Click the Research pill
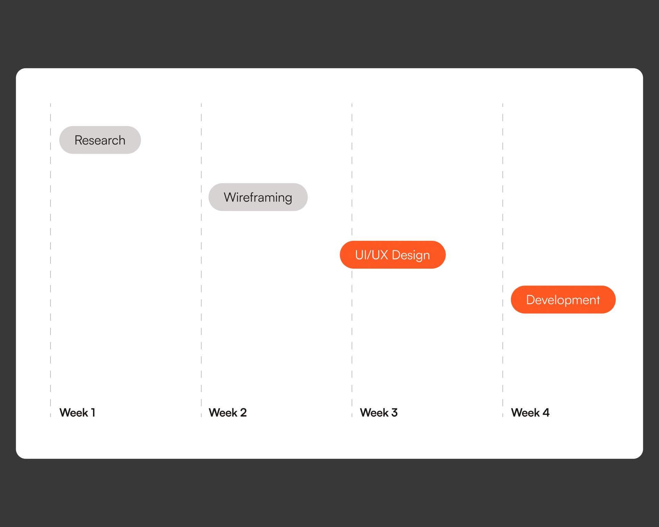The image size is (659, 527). [x=100, y=140]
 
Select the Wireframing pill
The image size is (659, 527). [x=258, y=197]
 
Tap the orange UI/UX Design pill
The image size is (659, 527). [x=393, y=255]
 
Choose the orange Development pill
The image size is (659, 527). [x=563, y=300]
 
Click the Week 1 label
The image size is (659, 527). [x=77, y=412]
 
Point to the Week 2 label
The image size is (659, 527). [x=228, y=412]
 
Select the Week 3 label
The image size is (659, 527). [x=379, y=412]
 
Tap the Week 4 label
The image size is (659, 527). [x=530, y=412]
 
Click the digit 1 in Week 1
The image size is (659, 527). [x=93, y=412]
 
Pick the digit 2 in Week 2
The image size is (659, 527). [x=243, y=412]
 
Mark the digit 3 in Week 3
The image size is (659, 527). [x=394, y=412]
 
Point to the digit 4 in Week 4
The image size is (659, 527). [x=546, y=412]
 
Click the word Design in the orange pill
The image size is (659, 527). [x=411, y=255]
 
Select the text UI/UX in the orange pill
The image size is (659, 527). [x=372, y=255]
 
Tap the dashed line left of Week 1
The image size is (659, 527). [x=50, y=260]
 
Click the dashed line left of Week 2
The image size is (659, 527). [x=201, y=260]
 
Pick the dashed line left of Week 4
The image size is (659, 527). [x=503, y=260]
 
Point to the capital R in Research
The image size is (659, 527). [x=79, y=140]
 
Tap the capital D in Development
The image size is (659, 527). [x=531, y=300]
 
